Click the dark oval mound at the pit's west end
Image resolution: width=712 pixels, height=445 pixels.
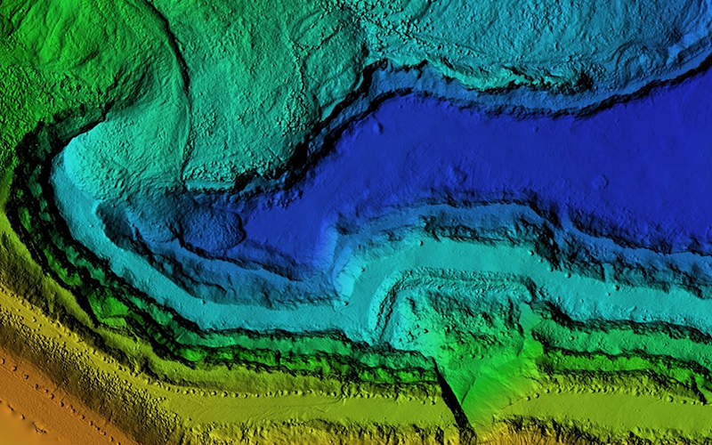click(212, 230)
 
